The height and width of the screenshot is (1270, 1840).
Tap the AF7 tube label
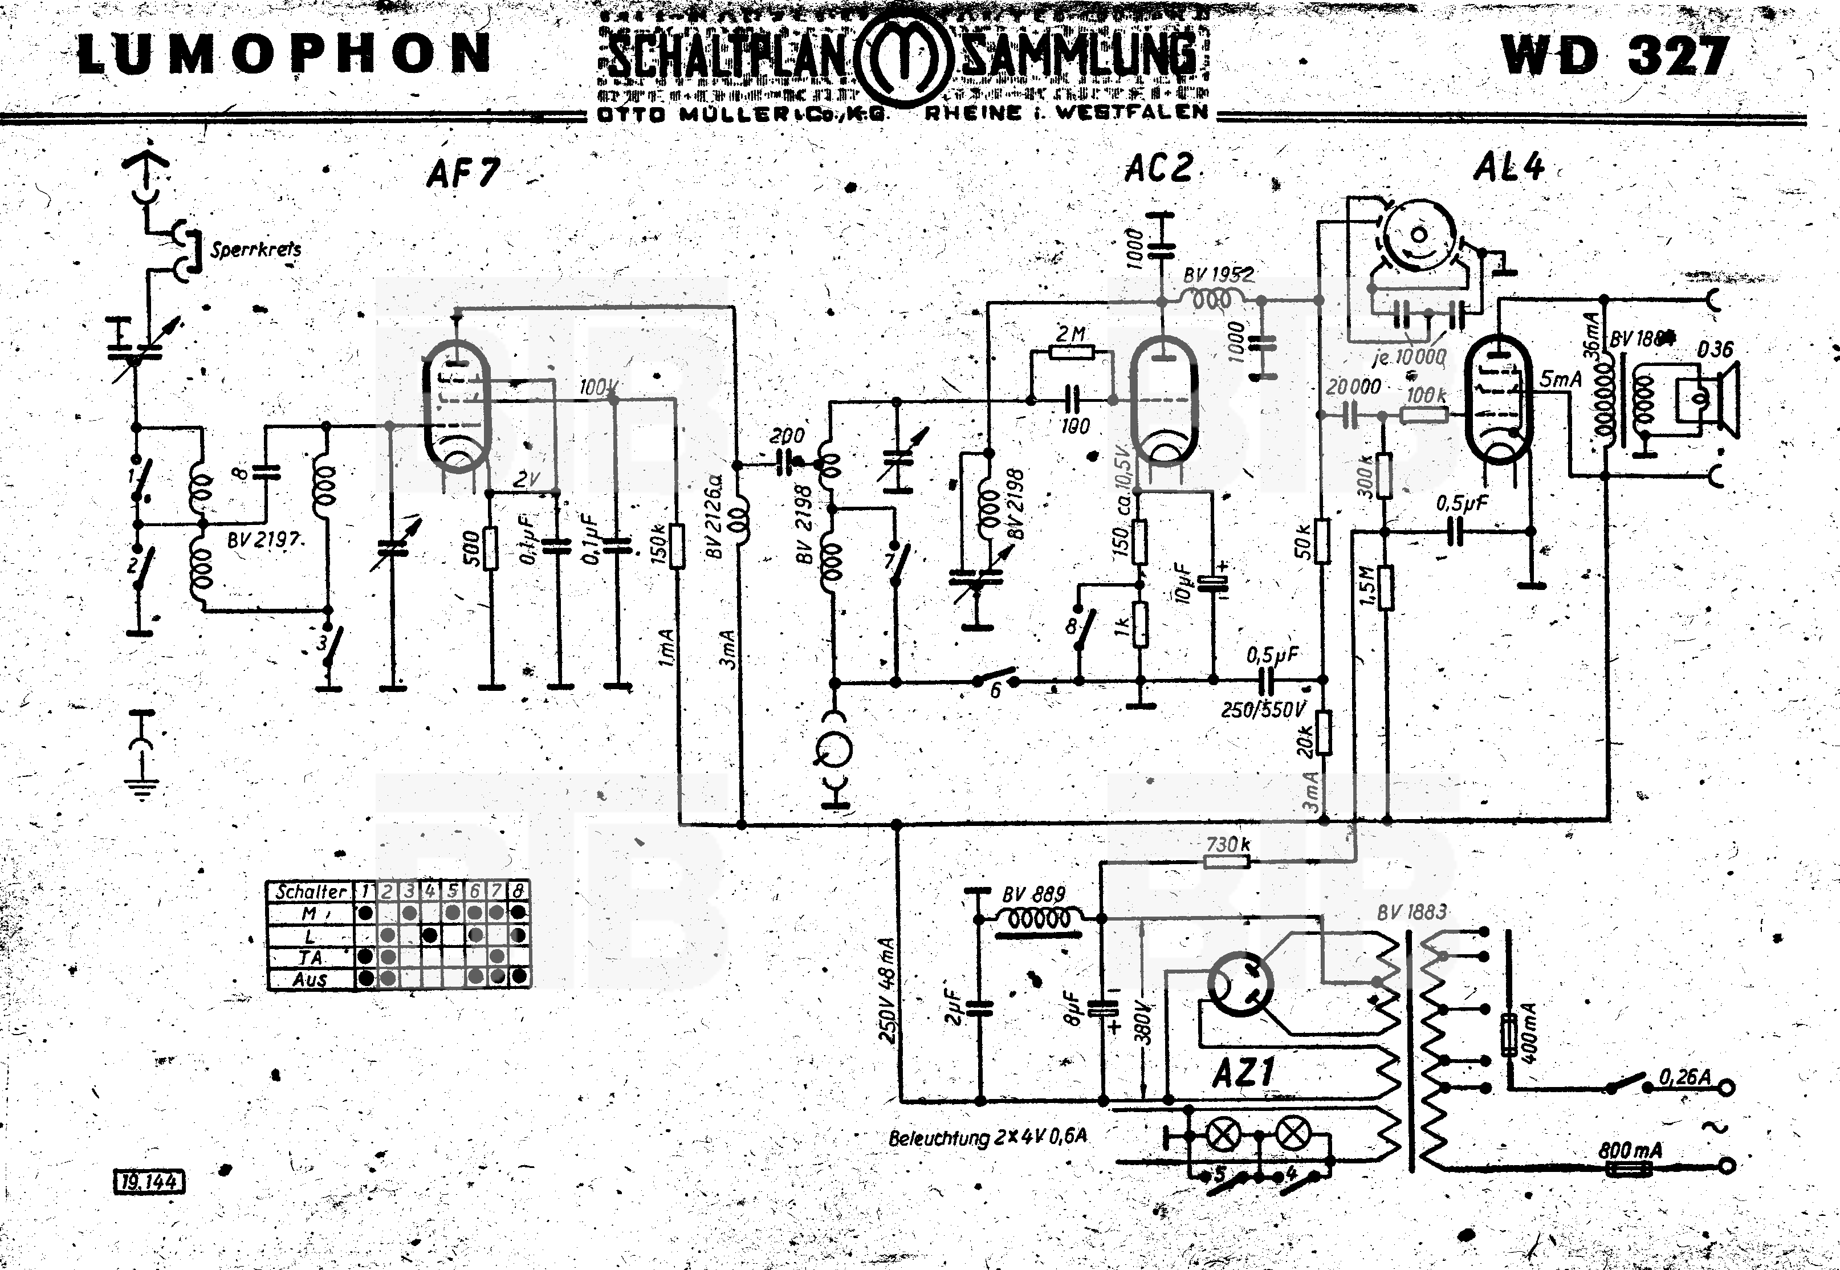[x=463, y=173]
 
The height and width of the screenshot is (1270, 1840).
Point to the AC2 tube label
[x=1159, y=169]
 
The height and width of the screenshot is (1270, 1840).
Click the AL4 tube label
[x=1508, y=167]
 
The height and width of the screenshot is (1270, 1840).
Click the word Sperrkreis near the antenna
[x=255, y=249]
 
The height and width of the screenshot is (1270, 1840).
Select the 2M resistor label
[x=1070, y=334]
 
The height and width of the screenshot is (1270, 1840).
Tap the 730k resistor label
[x=1227, y=844]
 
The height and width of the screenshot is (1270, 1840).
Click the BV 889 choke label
[x=1033, y=895]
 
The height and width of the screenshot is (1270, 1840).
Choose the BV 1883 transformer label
[x=1411, y=912]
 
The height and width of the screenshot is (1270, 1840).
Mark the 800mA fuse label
[x=1629, y=1150]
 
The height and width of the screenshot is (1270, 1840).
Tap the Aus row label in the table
[x=310, y=979]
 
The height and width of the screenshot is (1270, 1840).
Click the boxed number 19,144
[x=149, y=1182]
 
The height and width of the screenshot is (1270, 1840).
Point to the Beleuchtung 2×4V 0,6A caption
[x=987, y=1137]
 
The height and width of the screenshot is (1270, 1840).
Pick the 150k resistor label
[x=659, y=544]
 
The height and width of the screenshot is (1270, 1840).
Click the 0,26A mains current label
[x=1685, y=1077]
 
